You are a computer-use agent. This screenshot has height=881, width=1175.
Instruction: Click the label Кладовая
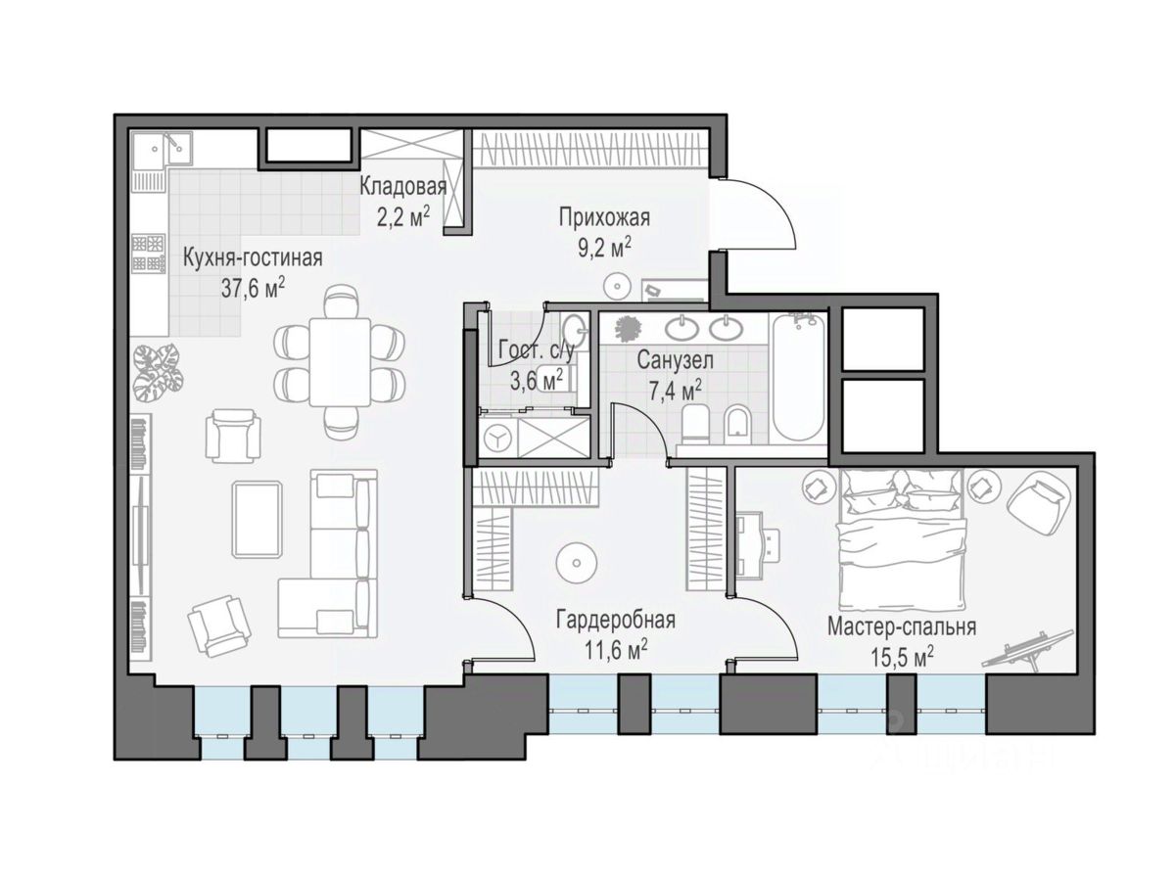[x=402, y=187]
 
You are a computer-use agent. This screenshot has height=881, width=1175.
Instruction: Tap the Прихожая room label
[x=604, y=217]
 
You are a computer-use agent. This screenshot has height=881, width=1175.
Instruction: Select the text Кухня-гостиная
[x=253, y=258]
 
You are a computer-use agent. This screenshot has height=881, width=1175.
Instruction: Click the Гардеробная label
[x=616, y=621]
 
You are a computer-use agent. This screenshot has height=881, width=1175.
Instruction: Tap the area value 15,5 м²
[x=903, y=657]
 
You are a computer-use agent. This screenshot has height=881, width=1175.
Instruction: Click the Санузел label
[x=675, y=360]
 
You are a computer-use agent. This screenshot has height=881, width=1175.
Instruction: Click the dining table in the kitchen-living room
[x=340, y=362]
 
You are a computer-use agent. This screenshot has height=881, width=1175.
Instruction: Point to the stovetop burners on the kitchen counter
[x=148, y=255]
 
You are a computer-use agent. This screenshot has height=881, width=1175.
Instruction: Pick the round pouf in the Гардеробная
[x=576, y=562]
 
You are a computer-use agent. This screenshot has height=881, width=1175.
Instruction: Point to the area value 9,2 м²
[x=604, y=249]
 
